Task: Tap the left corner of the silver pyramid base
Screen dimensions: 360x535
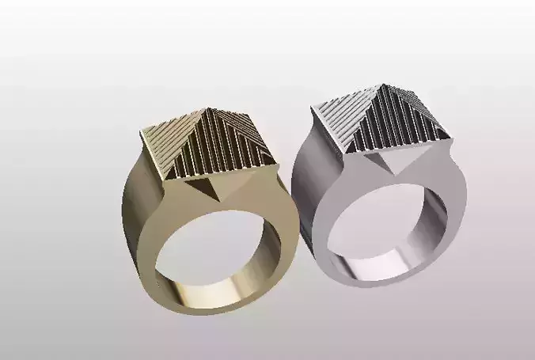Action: [316, 108]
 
